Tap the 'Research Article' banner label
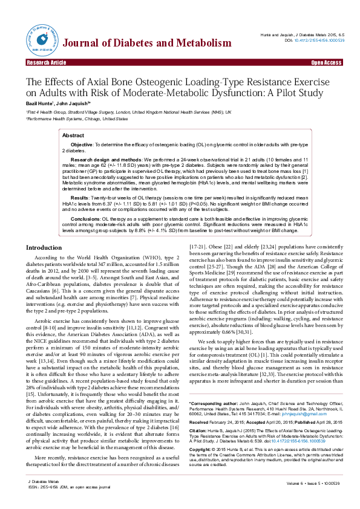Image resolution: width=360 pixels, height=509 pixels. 46,62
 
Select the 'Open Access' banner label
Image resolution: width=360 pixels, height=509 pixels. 327,62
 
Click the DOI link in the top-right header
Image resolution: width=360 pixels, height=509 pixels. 318,41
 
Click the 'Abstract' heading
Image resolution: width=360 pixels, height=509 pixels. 74,136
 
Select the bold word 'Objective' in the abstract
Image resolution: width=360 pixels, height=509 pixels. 82,146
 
